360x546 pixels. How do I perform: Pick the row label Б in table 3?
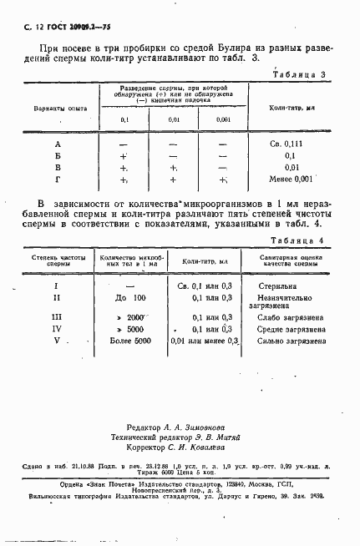pos(57,155)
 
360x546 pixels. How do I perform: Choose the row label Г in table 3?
pos(57,179)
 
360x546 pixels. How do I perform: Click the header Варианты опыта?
pos(56,109)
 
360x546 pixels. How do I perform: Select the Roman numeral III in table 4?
pos(56,317)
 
